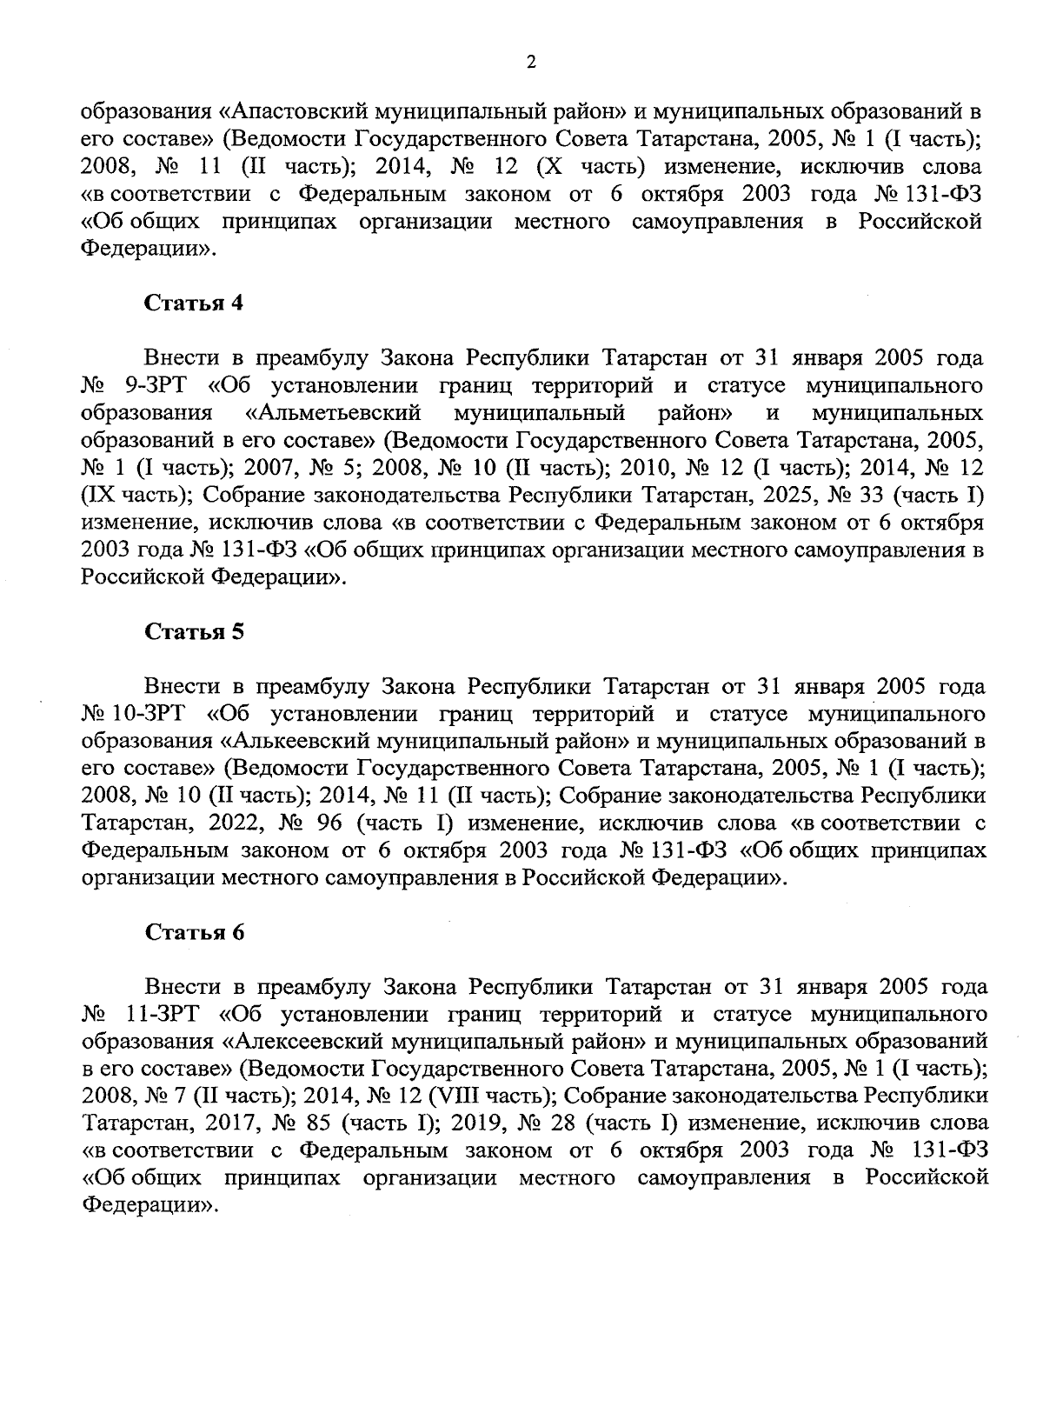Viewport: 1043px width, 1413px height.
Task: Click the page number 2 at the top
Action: click(x=530, y=63)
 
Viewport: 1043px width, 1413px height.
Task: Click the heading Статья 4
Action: click(x=194, y=303)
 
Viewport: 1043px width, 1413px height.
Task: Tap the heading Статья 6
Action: click(x=194, y=933)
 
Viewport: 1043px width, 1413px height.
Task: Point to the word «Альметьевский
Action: click(x=334, y=412)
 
